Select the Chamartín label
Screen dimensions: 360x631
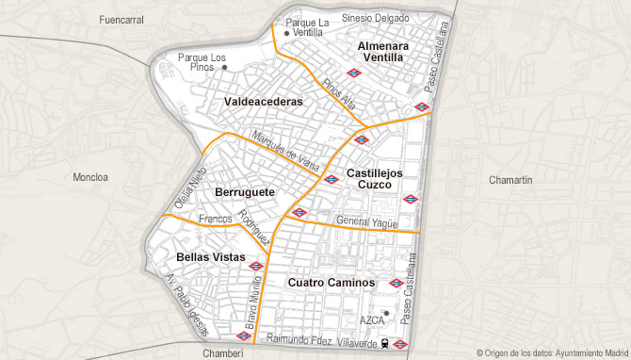pos(511,179)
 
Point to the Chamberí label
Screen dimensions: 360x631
pos(222,352)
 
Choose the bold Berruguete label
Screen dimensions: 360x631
pos(245,192)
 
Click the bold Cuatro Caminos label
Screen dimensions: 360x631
pos(332,283)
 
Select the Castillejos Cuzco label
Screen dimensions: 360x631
pos(374,179)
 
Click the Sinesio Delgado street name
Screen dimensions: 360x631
pos(375,18)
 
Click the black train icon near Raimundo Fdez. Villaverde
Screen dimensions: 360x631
pos(386,344)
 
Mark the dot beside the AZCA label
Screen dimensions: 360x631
pos(386,312)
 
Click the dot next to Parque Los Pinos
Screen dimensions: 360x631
pos(224,67)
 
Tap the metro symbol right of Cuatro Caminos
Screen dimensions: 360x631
pos(396,283)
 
